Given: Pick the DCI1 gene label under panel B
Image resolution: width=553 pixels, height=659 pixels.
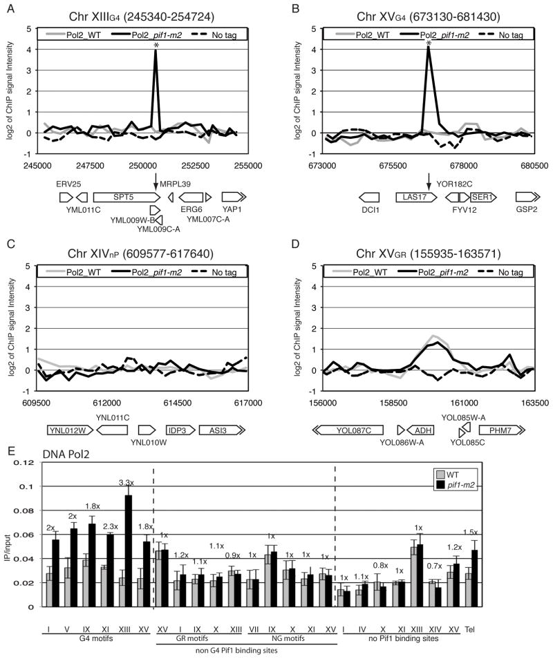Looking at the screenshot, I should (371, 208).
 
